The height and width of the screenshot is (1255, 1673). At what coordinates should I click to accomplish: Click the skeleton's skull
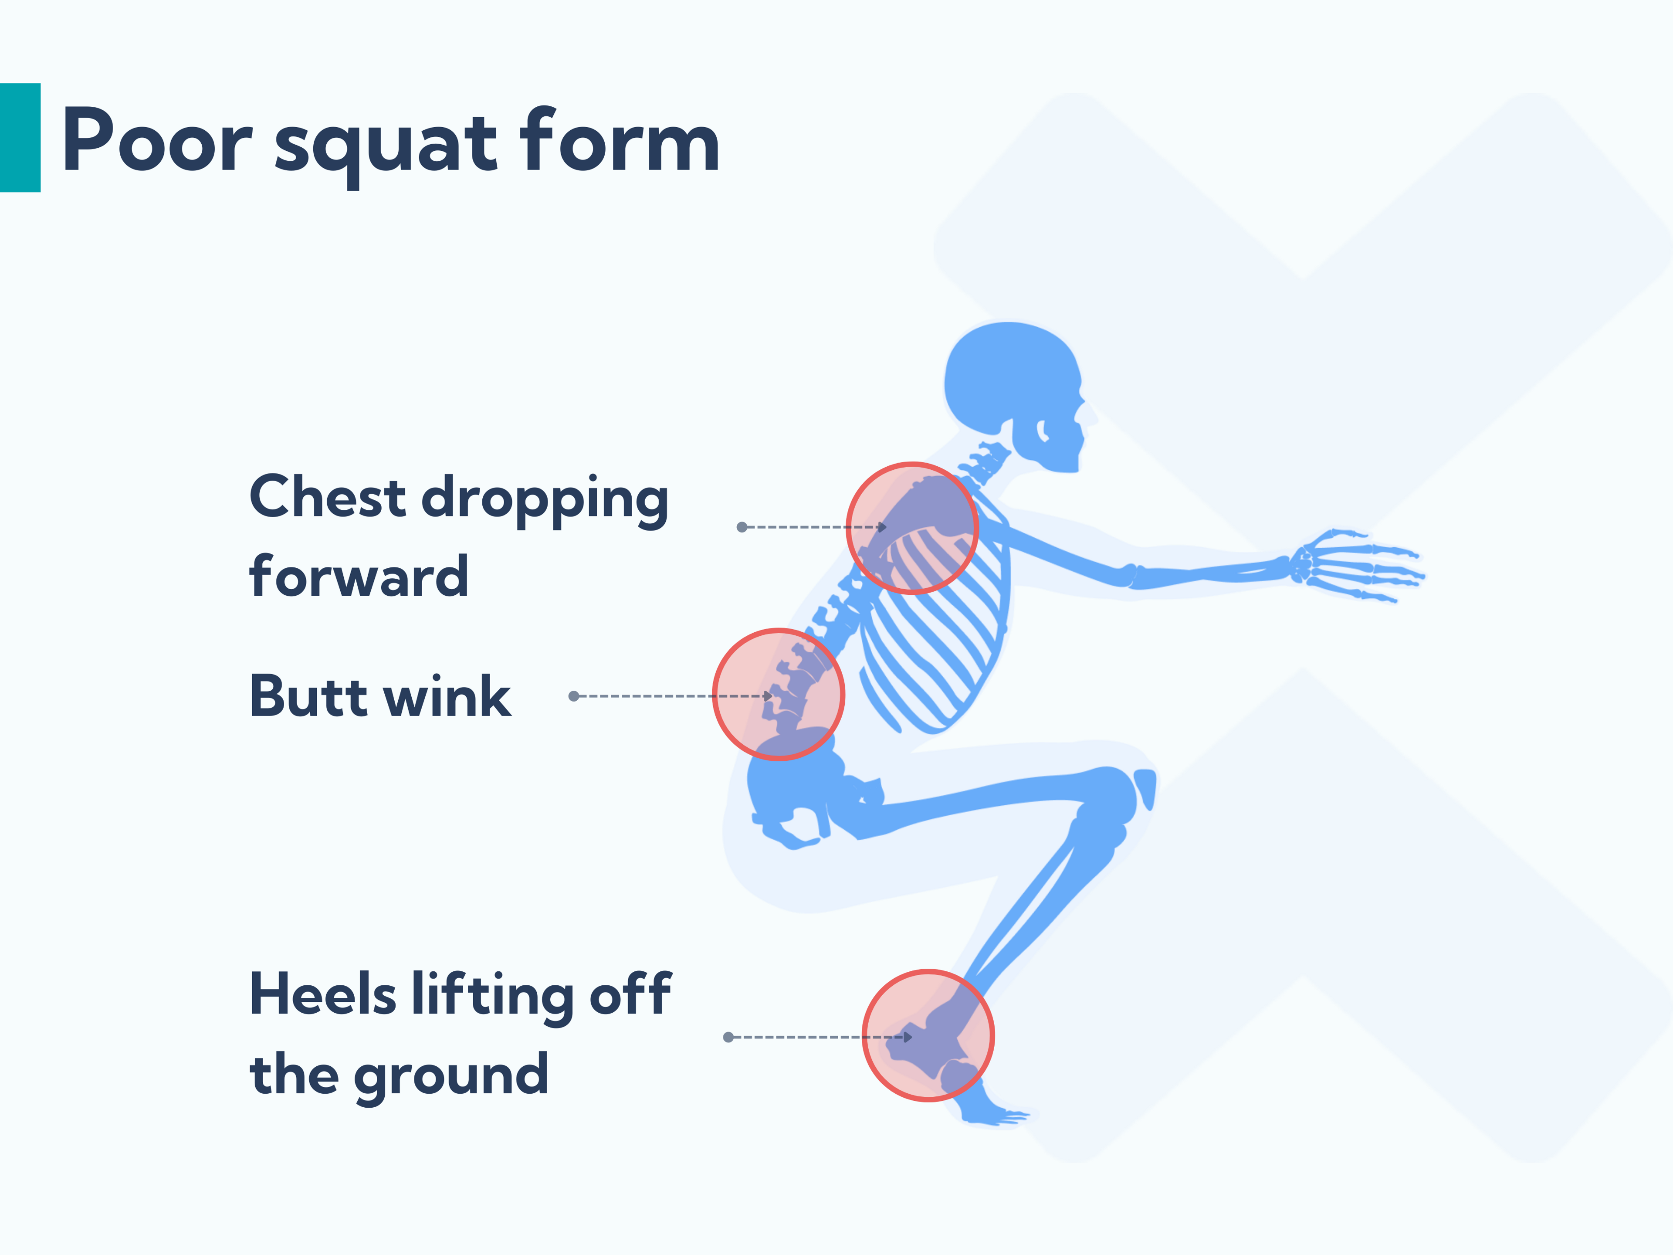[x=1013, y=386]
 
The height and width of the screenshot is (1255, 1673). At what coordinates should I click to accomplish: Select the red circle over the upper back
[x=912, y=528]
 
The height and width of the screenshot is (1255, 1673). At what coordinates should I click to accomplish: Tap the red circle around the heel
[x=928, y=1036]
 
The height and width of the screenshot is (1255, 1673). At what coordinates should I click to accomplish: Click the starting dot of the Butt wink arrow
[x=573, y=696]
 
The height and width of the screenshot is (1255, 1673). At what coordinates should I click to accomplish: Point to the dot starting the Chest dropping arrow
[x=742, y=527]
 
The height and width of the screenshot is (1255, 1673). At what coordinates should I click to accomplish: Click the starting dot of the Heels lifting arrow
[x=728, y=1037]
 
